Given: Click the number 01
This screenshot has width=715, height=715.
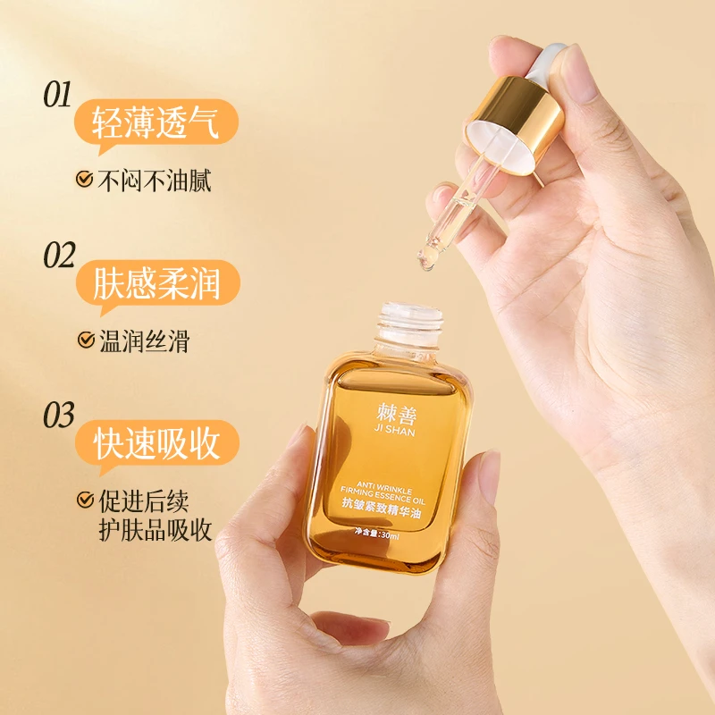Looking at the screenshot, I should [x=57, y=95].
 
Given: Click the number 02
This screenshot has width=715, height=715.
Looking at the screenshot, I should [x=59, y=255].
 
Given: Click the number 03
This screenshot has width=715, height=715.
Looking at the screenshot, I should [x=59, y=415].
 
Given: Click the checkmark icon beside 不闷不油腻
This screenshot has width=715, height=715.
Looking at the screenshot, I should [x=85, y=180].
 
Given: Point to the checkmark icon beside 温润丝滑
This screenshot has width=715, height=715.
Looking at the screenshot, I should [x=85, y=341].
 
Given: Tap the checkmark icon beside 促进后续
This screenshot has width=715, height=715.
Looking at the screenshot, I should [x=85, y=500].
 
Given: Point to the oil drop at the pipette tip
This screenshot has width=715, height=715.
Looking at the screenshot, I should [x=427, y=261].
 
